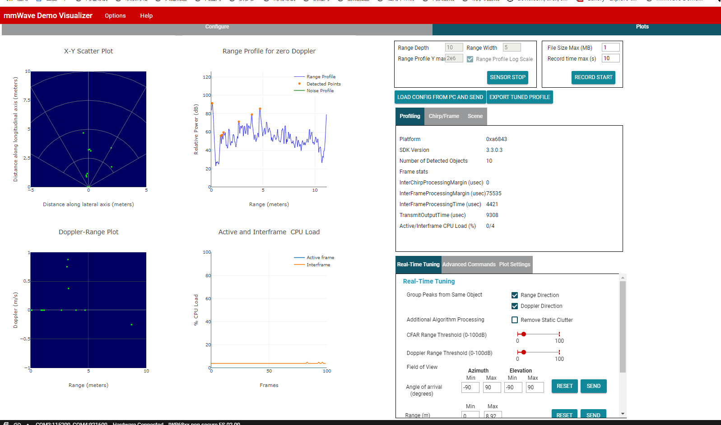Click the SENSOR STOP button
point(507,77)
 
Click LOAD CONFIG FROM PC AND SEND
point(440,97)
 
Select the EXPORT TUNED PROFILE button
point(520,97)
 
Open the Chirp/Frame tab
point(444,116)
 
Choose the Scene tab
point(475,116)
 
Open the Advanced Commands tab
point(469,264)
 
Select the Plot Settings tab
point(515,264)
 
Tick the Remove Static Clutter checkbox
point(515,320)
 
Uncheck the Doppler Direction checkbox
point(515,306)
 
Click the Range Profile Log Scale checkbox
point(470,59)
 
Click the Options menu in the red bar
point(115,16)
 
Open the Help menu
point(146,16)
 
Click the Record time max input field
point(610,58)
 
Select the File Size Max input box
point(610,47)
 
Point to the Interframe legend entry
point(318,265)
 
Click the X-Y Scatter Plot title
point(88,51)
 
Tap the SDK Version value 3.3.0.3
point(494,150)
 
